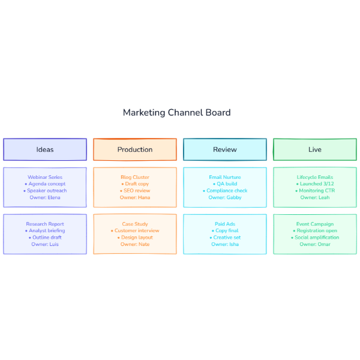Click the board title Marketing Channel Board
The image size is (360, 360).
(x=176, y=113)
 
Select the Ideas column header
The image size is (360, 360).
(x=45, y=149)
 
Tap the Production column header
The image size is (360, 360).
(x=135, y=149)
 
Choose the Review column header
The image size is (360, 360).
(x=225, y=149)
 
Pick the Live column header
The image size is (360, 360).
(x=315, y=149)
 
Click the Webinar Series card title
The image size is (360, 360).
(x=45, y=177)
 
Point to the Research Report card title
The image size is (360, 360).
(x=45, y=224)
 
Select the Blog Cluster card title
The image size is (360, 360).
(x=135, y=177)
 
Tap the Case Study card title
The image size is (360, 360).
(x=135, y=224)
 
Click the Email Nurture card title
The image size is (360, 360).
(x=225, y=177)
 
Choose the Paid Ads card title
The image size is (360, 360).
(x=225, y=224)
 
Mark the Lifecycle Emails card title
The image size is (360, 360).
(x=315, y=177)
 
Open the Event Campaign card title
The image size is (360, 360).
(x=315, y=224)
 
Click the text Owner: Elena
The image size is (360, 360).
(x=45, y=197)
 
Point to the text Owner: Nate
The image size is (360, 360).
(x=135, y=244)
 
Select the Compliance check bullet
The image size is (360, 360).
(x=226, y=191)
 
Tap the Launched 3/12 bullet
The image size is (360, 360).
(x=316, y=184)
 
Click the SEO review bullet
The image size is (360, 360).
(x=136, y=191)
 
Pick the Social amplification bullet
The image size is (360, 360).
(x=316, y=238)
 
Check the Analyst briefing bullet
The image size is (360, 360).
(x=46, y=230)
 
